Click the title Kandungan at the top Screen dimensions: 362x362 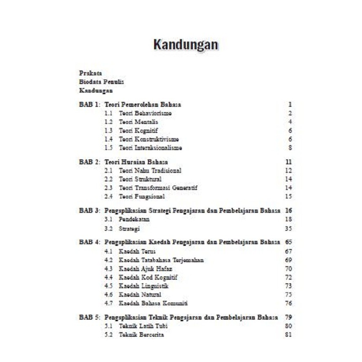185,45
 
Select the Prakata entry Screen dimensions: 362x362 90,73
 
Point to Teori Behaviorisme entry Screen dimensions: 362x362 145,113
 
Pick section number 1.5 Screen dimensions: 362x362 108,148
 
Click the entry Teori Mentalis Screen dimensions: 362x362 139,122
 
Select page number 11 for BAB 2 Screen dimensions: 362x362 289,162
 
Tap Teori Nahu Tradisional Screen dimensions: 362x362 150,171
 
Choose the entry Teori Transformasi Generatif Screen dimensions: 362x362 158,188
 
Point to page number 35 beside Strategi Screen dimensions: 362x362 289,229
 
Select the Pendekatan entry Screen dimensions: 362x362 134,219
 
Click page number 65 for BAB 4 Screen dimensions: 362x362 289,242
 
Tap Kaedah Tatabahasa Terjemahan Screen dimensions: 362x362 161,260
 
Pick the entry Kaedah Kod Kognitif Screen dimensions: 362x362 148,277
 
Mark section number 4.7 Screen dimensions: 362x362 108,303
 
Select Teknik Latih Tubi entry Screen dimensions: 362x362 143,326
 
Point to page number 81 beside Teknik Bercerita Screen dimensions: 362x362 289,335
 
